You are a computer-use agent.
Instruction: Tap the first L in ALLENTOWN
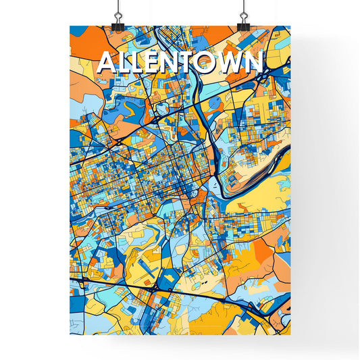click(x=124, y=63)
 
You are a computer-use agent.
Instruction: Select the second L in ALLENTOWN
click(x=139, y=63)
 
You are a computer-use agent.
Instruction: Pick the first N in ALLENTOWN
click(x=174, y=63)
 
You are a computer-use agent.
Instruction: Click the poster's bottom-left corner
click(x=70, y=335)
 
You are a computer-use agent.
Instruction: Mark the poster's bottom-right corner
click(x=290, y=335)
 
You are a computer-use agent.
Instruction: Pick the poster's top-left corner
click(x=70, y=26)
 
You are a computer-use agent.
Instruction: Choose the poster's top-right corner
click(x=290, y=26)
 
